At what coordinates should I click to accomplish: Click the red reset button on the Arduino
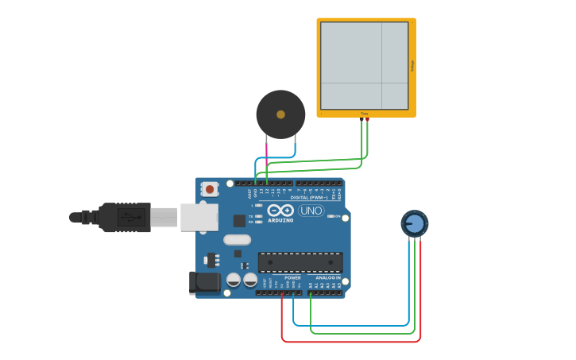[210, 189]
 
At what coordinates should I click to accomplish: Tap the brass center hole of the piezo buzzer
[280, 114]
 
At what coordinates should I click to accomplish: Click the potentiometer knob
[414, 223]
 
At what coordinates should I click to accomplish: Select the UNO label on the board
[311, 211]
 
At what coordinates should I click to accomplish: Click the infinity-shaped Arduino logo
[280, 211]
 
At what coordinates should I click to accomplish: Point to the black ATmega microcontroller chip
[300, 262]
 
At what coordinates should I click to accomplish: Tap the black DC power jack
[205, 282]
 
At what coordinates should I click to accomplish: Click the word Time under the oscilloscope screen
[365, 114]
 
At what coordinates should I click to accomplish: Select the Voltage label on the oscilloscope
[412, 66]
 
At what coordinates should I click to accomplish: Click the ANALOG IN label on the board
[328, 278]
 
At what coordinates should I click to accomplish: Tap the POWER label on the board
[292, 278]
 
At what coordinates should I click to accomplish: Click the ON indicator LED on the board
[331, 216]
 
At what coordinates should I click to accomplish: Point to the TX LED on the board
[258, 216]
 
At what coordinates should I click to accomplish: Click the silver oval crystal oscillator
[237, 239]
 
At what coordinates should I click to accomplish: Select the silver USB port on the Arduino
[199, 217]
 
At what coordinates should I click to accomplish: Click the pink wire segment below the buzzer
[266, 147]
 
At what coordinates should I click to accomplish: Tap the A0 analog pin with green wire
[310, 292]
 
